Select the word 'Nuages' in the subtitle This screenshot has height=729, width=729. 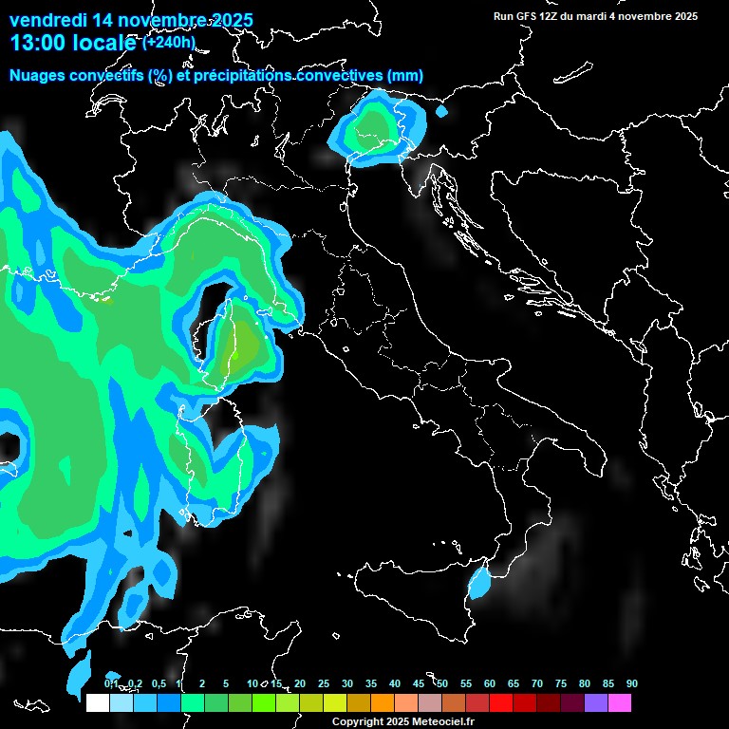coord(38,75)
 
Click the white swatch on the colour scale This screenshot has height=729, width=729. coord(97,702)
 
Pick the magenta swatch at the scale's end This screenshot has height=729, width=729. coord(620,702)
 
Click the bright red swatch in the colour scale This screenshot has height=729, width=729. coord(501,702)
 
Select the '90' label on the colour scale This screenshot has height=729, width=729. coord(632,684)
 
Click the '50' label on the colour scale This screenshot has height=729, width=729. coord(442,684)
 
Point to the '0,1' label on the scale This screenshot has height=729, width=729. coord(111,684)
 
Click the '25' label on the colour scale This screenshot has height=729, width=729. coord(324,684)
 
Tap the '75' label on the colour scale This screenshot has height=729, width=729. coord(561,684)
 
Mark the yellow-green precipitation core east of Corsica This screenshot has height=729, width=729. coord(245,347)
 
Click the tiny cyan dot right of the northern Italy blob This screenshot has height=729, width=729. coord(441,112)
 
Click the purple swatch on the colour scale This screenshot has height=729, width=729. coord(596,702)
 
